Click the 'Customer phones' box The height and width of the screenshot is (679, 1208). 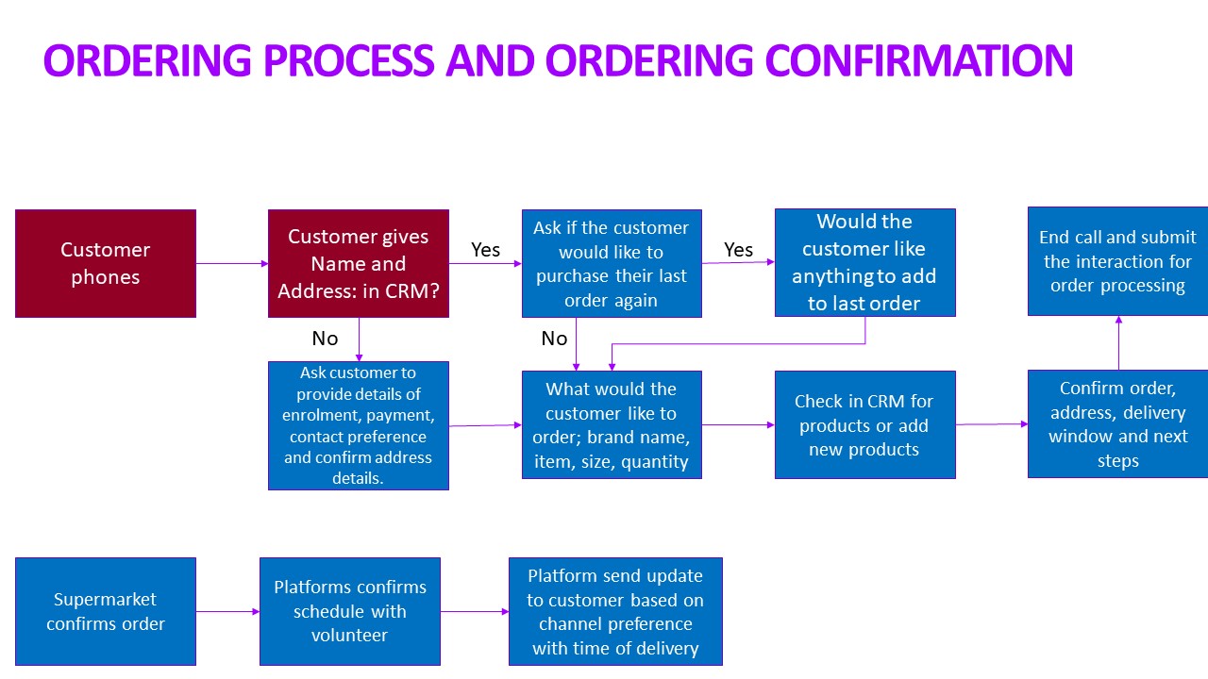106,263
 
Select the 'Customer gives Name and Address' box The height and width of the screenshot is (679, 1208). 359,263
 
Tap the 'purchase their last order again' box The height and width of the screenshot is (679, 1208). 612,263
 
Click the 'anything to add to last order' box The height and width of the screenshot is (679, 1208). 865,262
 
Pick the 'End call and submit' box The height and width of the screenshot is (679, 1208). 1118,261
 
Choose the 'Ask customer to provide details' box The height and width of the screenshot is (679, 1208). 359,425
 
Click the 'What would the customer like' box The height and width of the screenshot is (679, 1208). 612,424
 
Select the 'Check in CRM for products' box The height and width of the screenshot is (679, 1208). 865,424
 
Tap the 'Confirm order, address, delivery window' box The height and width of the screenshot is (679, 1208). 1118,424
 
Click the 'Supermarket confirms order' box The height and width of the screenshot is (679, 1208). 106,612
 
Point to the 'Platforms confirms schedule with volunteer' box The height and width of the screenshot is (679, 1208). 350,612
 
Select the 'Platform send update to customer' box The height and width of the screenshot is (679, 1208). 615,612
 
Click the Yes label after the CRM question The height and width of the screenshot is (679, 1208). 485,250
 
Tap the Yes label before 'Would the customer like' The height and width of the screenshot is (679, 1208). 738,250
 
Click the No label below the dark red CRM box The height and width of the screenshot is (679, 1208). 326,339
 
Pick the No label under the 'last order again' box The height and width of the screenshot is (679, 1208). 554,339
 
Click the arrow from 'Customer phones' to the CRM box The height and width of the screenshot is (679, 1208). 232,263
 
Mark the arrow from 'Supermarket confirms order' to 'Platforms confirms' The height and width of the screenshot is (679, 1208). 228,612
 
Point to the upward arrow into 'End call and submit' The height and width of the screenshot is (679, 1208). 1118,342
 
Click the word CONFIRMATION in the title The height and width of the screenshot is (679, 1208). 919,59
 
